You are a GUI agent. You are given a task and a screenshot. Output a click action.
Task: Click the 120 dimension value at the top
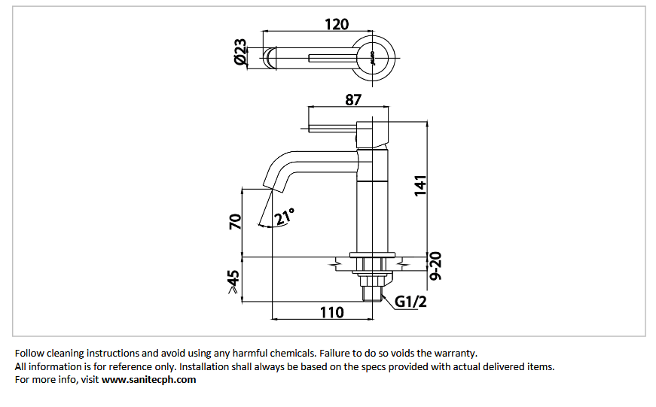337,24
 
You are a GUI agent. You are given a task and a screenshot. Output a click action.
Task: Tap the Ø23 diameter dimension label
240,52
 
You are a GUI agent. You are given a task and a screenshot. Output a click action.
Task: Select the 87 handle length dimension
353,100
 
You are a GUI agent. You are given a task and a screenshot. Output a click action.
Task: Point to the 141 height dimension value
420,186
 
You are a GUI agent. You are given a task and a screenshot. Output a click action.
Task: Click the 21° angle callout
285,216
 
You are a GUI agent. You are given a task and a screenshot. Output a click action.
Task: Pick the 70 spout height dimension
236,221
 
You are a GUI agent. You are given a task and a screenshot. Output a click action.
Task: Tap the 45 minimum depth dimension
233,281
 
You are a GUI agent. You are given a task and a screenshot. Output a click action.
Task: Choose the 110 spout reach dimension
331,312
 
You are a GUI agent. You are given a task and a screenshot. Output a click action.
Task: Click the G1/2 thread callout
410,301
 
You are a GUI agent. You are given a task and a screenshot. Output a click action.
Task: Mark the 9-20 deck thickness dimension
435,266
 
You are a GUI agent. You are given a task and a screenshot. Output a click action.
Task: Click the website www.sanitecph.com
148,380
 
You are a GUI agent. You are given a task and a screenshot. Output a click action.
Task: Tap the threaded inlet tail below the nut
373,293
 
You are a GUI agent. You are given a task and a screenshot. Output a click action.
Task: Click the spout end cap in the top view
270,58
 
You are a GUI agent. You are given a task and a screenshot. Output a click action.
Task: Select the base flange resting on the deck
372,254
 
